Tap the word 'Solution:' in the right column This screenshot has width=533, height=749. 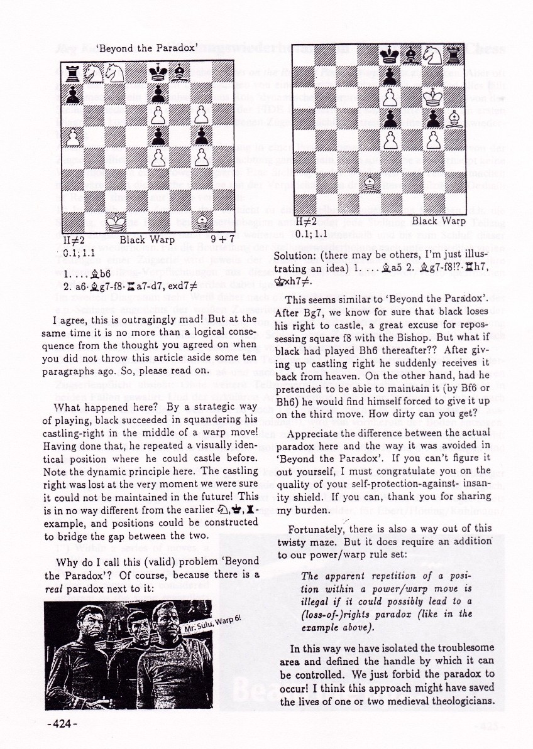point(295,257)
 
